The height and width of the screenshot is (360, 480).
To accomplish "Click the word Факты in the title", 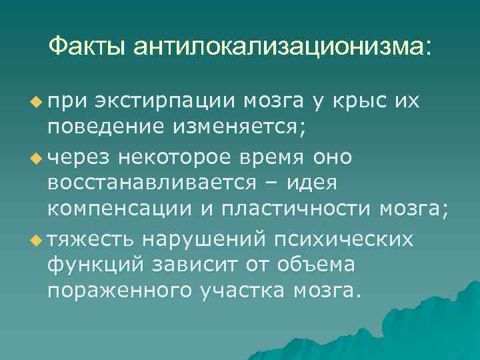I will tap(89, 46).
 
